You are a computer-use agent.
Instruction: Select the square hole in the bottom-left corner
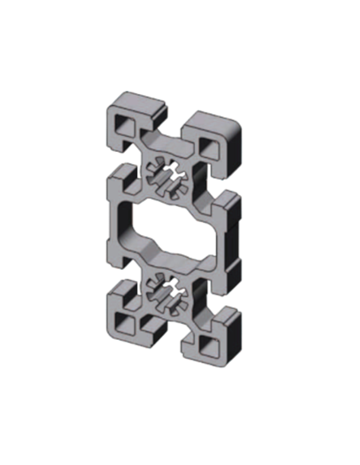pyautogui.click(x=126, y=322)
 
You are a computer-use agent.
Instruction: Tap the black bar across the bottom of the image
pyautogui.click(x=179, y=378)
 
